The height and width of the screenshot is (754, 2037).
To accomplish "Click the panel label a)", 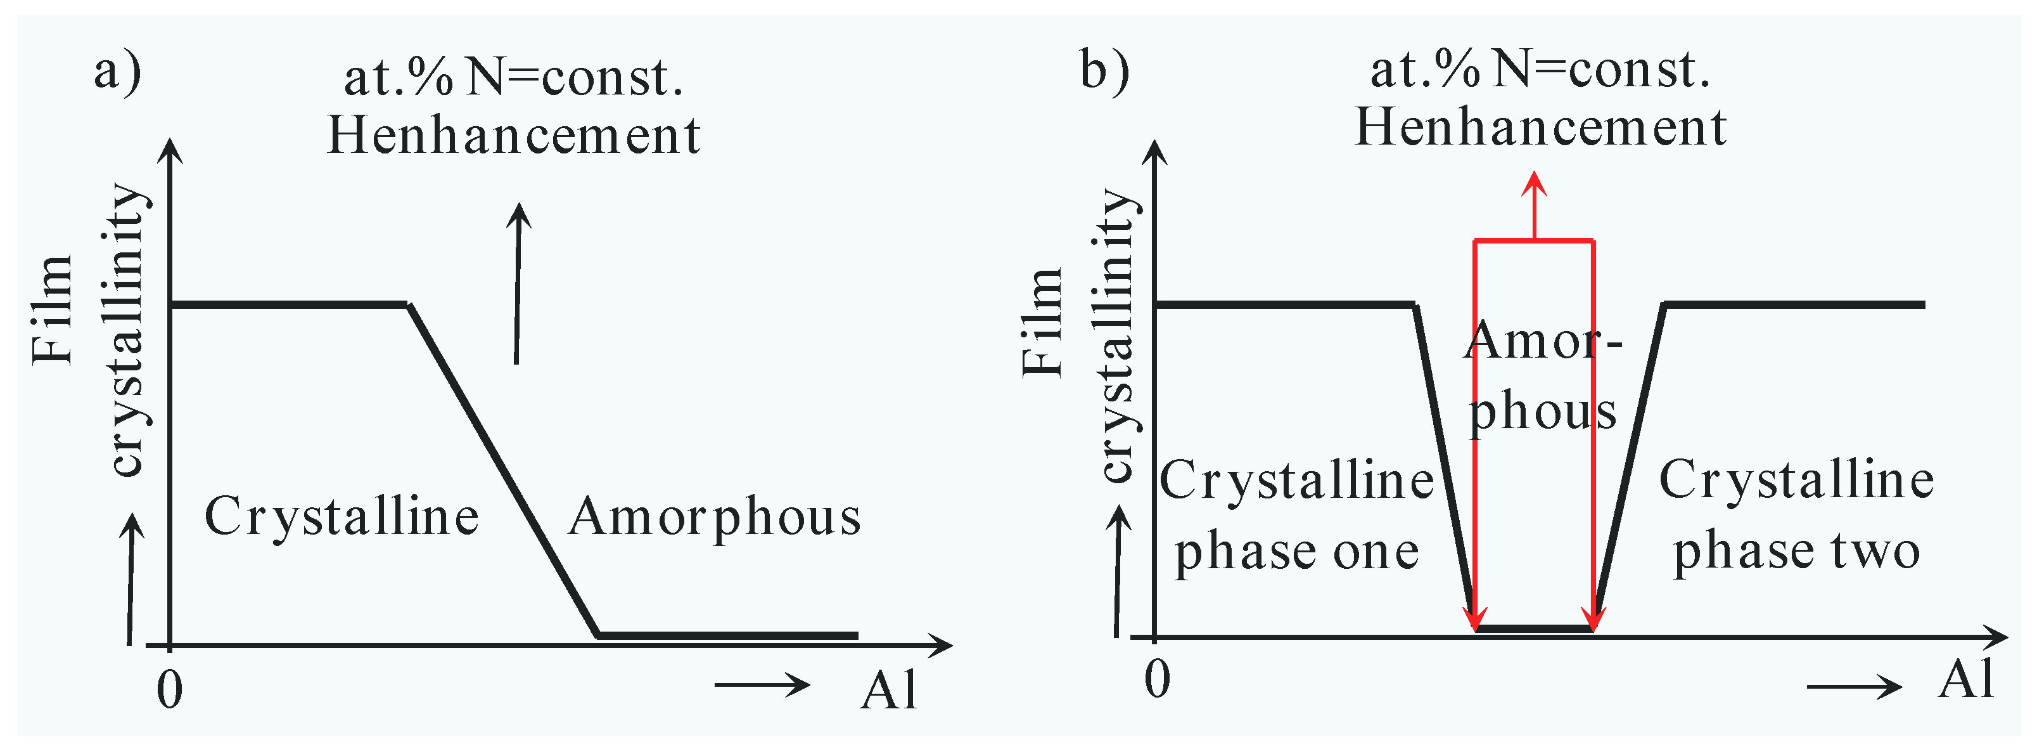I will pos(117,73).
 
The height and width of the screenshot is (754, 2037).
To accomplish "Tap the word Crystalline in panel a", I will pos(342,517).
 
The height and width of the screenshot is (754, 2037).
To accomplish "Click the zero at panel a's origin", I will pos(169,690).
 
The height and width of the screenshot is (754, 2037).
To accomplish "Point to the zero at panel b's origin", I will pos(1157,679).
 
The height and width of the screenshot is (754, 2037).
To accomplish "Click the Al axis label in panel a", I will pos(889,690).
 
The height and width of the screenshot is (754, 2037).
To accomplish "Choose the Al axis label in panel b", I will pos(1966,679).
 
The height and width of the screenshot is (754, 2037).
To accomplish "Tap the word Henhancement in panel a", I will pos(514,134).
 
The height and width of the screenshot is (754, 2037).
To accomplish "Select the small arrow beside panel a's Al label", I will pos(762,684).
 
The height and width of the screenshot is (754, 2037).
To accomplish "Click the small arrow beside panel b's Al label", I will pos(1853,686).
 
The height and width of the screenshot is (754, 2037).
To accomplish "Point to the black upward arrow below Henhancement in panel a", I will pos(518,283).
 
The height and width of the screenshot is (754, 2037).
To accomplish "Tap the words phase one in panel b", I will pos(1297,552).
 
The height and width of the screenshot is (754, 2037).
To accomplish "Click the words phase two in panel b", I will pos(1797,552).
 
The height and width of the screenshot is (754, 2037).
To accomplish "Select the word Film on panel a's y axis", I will pos(52,310).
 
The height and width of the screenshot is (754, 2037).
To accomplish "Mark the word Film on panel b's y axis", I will pos(1042,322).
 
